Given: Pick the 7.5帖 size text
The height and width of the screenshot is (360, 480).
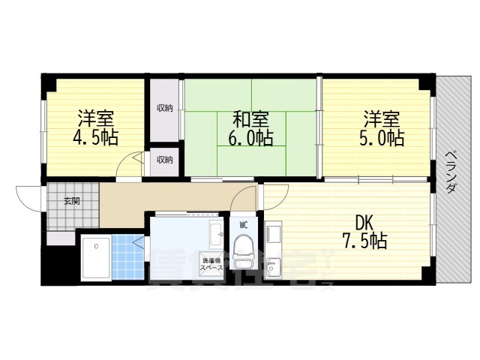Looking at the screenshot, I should pyautogui.click(x=365, y=241).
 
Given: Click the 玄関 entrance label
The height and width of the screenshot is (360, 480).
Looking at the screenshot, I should pyautogui.click(x=71, y=201).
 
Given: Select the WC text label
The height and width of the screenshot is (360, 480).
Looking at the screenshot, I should pyautogui.click(x=244, y=224).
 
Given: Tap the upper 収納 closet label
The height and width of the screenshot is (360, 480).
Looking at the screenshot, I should pyautogui.click(x=164, y=108).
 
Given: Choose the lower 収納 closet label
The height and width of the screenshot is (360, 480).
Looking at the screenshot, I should pyautogui.click(x=164, y=159).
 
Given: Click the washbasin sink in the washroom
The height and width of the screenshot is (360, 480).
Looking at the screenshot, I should pyautogui.click(x=216, y=232).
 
